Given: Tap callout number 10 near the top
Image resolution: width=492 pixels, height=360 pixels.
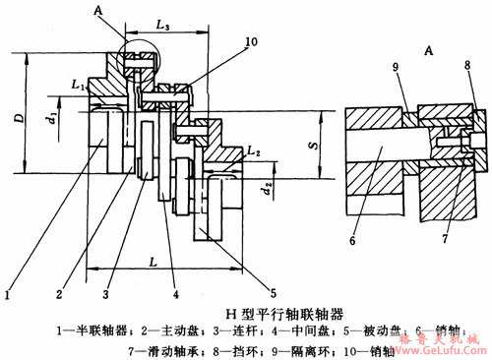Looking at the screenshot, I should (223, 42).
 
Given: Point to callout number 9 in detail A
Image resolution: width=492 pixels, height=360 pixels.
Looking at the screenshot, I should (398, 65).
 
